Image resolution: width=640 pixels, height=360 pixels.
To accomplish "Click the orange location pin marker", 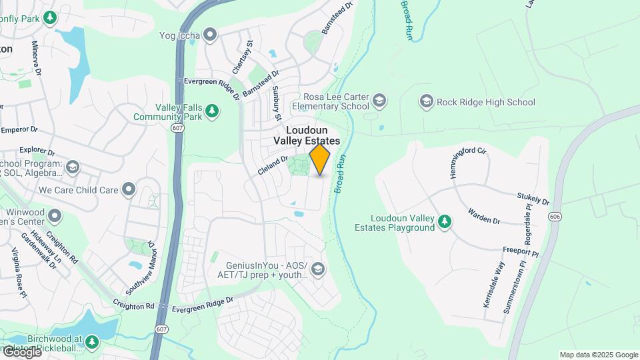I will coord(320,159).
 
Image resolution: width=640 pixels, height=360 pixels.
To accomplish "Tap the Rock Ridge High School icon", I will coord(427,102).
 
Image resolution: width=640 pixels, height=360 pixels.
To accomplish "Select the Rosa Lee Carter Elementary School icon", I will coord(379,101).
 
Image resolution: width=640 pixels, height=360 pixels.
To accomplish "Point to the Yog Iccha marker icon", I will coord(211,34).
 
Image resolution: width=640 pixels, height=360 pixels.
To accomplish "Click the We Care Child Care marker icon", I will coord(129,190).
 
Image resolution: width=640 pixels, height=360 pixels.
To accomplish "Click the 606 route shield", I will coord(555,217).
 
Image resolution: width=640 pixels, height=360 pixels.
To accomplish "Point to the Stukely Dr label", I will coord(533,199).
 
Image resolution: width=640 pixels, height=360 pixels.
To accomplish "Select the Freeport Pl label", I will coord(520,252).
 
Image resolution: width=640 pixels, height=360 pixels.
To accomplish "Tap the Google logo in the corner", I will coord(22,352).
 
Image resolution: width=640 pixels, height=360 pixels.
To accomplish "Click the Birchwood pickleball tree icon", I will coord(91,342).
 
